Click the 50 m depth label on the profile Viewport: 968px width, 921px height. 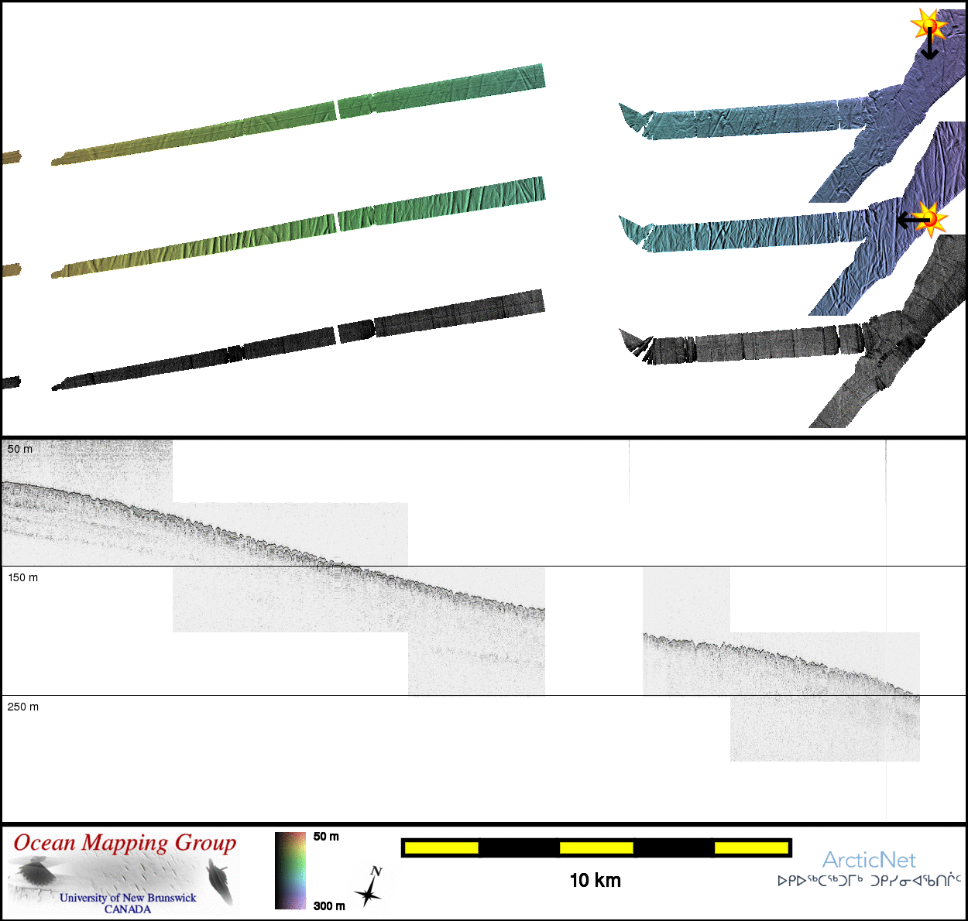point(19,449)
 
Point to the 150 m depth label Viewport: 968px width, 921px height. point(22,577)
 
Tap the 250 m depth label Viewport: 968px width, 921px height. point(22,707)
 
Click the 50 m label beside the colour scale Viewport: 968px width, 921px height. point(326,837)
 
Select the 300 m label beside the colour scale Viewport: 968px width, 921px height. point(329,906)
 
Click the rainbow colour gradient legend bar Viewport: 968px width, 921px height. point(290,870)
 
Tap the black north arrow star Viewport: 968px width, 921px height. point(367,894)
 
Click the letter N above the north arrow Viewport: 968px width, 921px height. point(376,871)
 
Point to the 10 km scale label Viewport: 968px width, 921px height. point(596,881)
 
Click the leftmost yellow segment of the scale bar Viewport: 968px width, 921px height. point(441,847)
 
